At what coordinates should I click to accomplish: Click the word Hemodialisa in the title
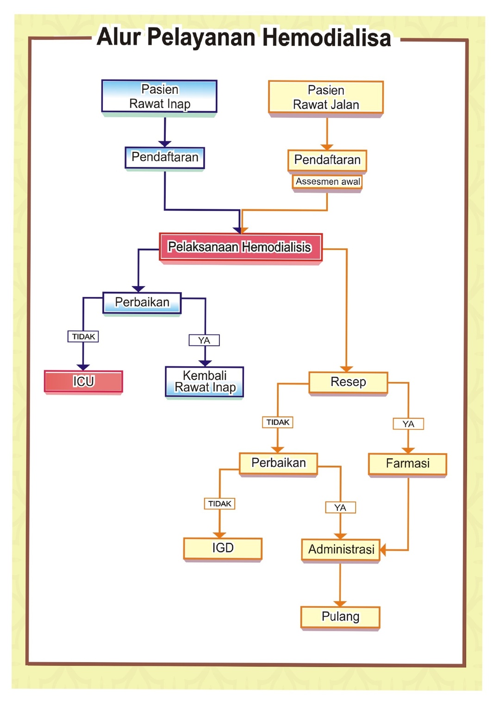[x=326, y=37]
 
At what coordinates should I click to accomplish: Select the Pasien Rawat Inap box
[x=159, y=96]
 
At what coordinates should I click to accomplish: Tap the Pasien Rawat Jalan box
[x=326, y=97]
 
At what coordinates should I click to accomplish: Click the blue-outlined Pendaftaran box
[x=165, y=157]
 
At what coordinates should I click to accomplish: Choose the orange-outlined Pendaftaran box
[x=327, y=160]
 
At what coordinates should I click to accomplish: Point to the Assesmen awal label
[x=327, y=182]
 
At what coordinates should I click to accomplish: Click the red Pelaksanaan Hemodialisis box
[x=240, y=247]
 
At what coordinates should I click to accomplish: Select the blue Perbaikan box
[x=142, y=302]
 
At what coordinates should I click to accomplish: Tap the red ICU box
[x=83, y=381]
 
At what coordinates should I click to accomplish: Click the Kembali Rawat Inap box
[x=205, y=381]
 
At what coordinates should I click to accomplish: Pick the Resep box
[x=348, y=382]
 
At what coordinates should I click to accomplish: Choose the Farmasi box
[x=407, y=463]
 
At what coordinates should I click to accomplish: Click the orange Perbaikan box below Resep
[x=278, y=463]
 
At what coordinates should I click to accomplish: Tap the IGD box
[x=223, y=548]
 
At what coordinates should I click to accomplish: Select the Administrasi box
[x=341, y=549]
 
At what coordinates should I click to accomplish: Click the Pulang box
[x=340, y=617]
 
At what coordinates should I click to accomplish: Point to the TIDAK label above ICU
[x=83, y=337]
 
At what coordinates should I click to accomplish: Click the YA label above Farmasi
[x=408, y=424]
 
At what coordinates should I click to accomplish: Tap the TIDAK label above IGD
[x=219, y=503]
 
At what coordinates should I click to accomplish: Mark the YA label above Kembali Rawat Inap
[x=204, y=340]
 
